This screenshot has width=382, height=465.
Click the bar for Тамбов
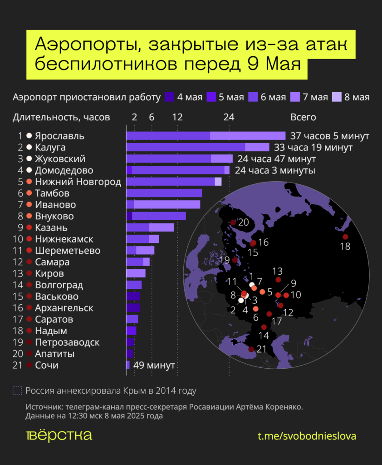[x=164, y=193]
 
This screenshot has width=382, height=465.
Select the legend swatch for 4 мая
[x=169, y=97]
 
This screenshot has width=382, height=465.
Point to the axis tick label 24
[x=229, y=117]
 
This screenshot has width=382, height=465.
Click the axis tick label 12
[x=177, y=117]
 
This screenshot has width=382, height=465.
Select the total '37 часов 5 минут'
[x=329, y=136]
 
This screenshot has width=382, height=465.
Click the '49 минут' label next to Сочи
[x=154, y=365]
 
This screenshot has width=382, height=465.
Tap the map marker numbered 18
[x=345, y=237]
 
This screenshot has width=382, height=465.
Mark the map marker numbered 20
[x=233, y=223]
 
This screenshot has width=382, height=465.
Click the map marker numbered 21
[x=251, y=349]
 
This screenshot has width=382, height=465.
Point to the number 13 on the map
[x=278, y=271]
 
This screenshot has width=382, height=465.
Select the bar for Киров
[x=136, y=273]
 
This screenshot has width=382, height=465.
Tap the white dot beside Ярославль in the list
[x=29, y=136]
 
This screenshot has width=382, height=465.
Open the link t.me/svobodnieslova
[x=307, y=436]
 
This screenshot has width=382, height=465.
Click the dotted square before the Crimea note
[x=17, y=391]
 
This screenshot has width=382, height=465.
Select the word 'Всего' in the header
[x=303, y=117]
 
